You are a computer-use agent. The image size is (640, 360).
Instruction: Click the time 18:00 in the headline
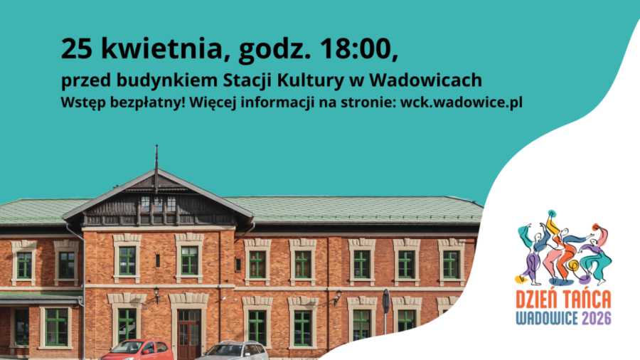pos(356,48)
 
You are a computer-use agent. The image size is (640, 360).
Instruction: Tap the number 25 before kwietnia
pos(76,48)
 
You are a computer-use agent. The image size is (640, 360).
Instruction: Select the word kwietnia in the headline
pos(161,49)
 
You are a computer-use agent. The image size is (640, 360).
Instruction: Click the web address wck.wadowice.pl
pos(462,102)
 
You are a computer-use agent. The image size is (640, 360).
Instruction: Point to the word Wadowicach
pos(426,80)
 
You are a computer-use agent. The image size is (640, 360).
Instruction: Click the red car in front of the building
pos(137,350)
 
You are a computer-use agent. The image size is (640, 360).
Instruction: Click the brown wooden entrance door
pos(189,334)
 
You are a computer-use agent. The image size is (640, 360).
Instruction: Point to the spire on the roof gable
pos(156,168)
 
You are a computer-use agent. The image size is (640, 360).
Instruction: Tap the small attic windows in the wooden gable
pos(159,204)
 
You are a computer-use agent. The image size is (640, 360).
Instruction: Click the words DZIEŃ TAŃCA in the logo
pos(564,300)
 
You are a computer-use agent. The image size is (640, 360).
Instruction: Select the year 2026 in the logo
pos(597,318)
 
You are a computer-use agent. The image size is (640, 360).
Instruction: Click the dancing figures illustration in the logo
pos(564,248)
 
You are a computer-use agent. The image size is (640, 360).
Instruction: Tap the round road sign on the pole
pos(386,301)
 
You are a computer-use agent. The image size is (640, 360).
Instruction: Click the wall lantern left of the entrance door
pos(156,295)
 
